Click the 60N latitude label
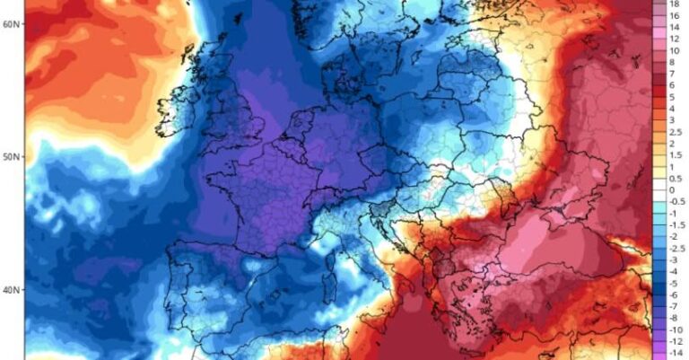pos(11,23)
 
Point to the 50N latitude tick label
pos(11,157)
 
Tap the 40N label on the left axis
pos(11,290)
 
